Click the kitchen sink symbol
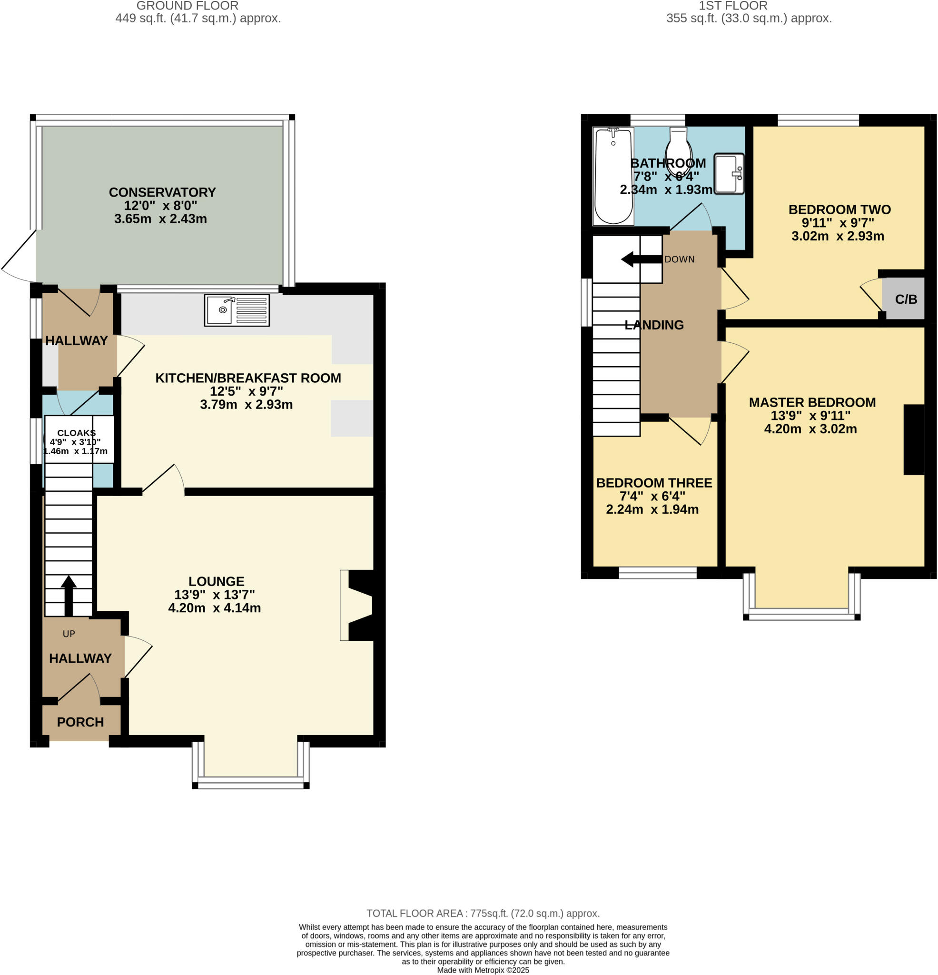point(237,310)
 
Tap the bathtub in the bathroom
point(613,176)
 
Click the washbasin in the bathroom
point(729,174)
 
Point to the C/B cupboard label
point(906,299)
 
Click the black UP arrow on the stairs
point(69,595)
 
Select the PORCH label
point(80,722)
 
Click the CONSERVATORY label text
point(162,192)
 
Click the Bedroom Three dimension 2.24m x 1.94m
point(652,509)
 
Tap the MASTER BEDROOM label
point(812,402)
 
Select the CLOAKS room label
point(77,433)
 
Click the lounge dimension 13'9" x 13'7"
point(214,595)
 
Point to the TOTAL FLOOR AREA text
point(483,913)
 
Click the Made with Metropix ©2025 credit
point(483,970)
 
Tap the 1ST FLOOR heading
point(732,6)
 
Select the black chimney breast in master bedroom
point(913,440)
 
